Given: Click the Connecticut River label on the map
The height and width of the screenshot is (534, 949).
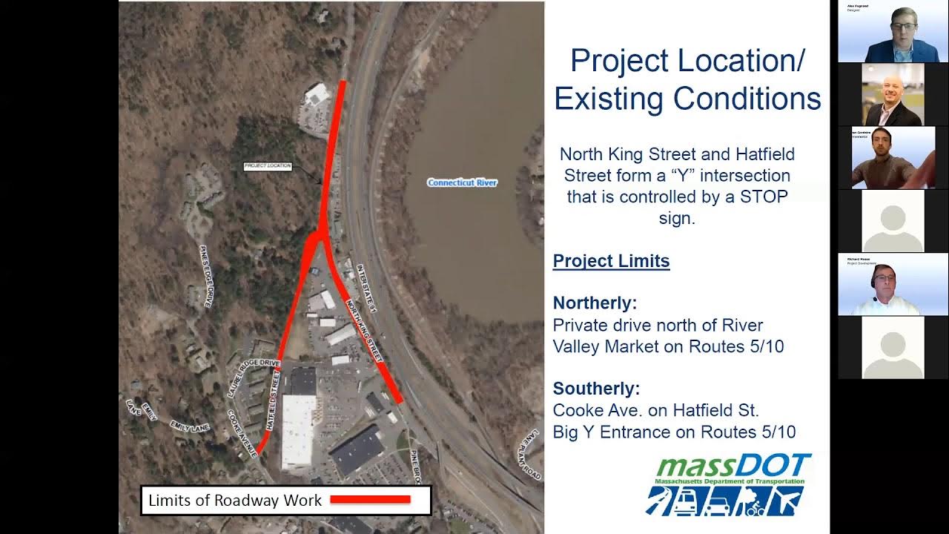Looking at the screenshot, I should [462, 182].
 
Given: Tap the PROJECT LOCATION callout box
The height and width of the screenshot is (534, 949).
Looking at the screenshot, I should [268, 166].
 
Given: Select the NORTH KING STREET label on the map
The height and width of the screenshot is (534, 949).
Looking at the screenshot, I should [364, 329].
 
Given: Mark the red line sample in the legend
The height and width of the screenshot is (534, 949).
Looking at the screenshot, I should [370, 499].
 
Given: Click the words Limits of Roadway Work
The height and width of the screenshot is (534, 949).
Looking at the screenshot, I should [235, 501].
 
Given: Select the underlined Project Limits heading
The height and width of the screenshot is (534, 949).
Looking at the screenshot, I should [611, 261].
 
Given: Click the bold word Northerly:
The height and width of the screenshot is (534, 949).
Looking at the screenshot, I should [595, 303].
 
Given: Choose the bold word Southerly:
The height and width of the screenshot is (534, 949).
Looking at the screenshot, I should [596, 389].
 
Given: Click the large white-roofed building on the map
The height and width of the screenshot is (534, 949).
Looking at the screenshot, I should [298, 431].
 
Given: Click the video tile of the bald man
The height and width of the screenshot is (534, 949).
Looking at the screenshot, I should [892, 95].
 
